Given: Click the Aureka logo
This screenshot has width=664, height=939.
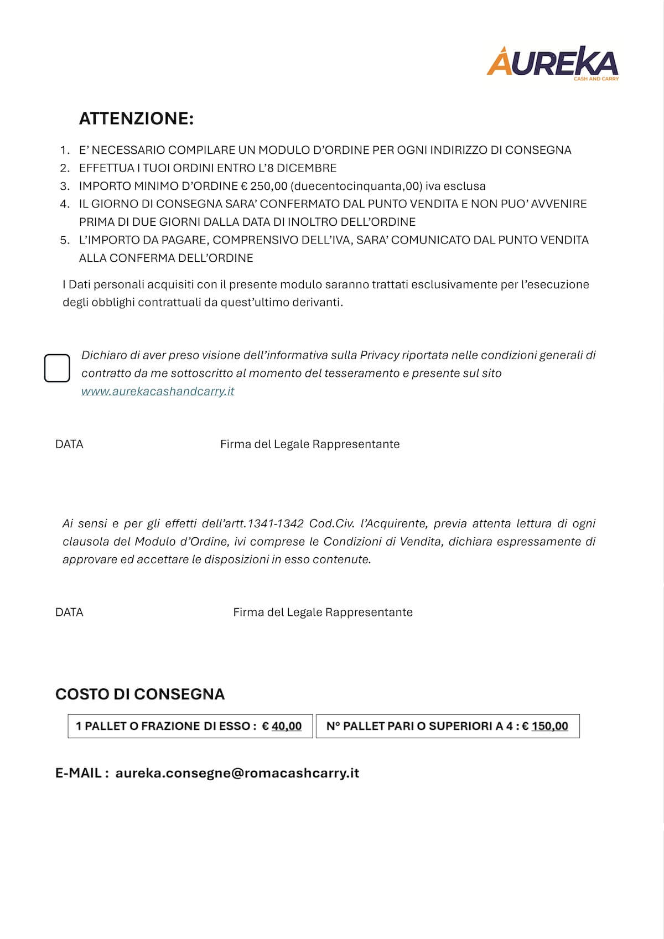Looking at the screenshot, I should click(552, 63).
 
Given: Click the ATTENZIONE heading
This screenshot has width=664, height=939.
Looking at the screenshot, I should click(136, 118).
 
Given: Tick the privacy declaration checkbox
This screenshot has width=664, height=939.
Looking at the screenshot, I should click(57, 369).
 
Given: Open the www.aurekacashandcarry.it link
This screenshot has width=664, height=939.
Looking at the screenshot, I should click(158, 391).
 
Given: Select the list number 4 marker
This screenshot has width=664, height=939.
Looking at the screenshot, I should click(65, 204).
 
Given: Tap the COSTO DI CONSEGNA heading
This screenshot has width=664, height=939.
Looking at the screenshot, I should click(140, 694).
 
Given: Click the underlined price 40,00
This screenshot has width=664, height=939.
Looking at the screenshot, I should click(287, 726).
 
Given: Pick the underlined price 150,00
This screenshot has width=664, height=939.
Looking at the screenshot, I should click(549, 726).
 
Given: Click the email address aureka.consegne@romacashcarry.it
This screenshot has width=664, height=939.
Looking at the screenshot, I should click(237, 773).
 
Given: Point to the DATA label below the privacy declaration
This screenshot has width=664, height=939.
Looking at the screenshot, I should click(69, 444).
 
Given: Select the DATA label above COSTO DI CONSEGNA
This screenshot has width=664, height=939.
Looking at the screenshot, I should click(69, 613).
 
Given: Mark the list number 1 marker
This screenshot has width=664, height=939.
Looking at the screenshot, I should click(65, 150).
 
